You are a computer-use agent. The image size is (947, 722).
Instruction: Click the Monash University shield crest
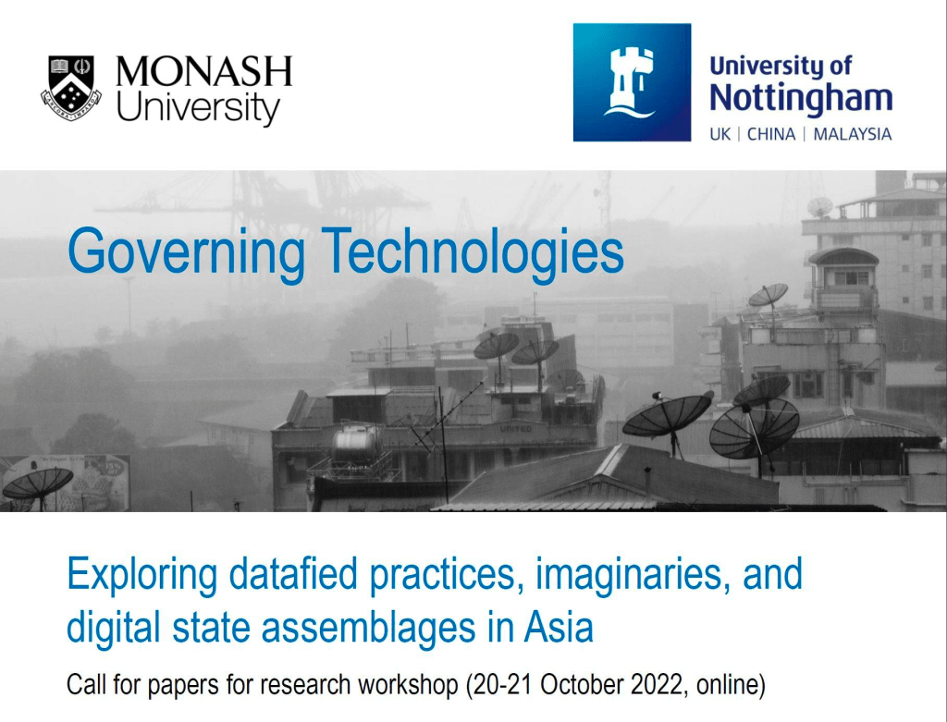71,88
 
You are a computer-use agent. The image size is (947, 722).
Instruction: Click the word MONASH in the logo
203,71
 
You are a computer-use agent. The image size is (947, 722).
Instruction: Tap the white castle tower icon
631,81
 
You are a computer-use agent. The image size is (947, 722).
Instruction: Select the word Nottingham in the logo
801,98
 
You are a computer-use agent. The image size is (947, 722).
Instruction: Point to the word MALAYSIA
852,134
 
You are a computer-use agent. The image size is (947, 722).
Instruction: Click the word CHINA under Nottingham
771,134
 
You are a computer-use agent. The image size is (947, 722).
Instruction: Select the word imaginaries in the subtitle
628,575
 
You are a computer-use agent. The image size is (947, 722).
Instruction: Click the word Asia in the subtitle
559,627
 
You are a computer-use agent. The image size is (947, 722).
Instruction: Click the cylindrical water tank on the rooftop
356,444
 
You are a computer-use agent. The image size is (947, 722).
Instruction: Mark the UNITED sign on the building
516,429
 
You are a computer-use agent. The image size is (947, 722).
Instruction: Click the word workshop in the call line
408,686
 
